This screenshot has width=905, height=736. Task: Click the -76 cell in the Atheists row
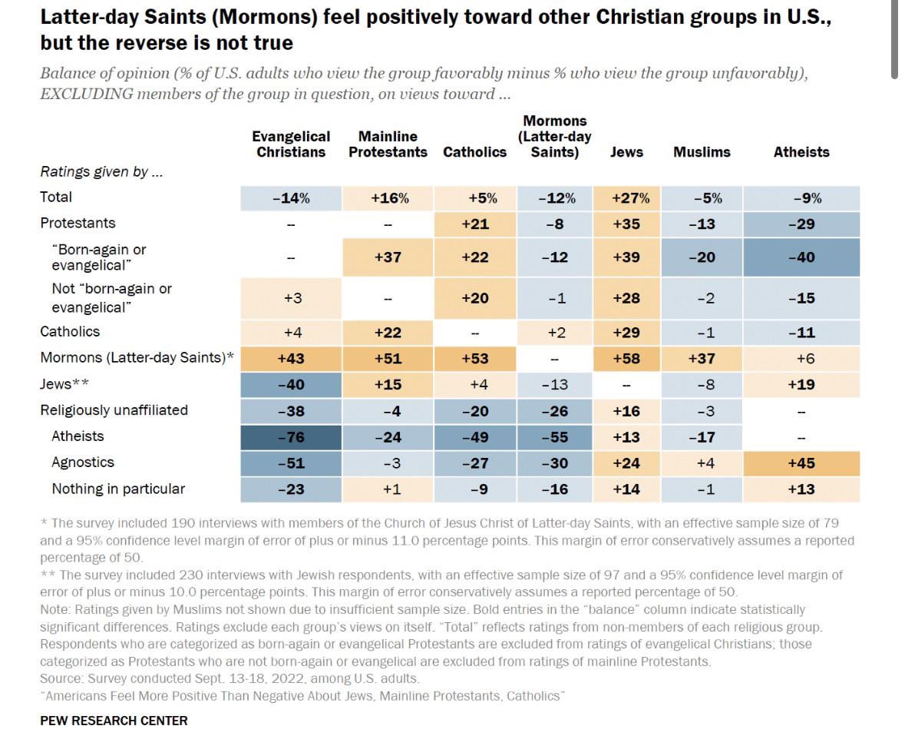coord(291,436)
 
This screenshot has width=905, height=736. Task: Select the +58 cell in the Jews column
coord(626,359)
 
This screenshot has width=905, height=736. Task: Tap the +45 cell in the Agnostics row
coord(801,463)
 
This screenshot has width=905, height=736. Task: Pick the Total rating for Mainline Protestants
coord(389,198)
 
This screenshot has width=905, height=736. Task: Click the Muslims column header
coord(702,152)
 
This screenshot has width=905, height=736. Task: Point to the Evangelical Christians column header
coord(291,144)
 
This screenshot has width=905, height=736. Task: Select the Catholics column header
coord(474,152)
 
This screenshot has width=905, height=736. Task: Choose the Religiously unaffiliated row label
coord(114,410)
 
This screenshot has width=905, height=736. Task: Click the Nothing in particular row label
coord(118,489)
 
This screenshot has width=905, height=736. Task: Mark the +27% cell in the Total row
coord(630,198)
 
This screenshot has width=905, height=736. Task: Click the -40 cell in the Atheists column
coord(801,257)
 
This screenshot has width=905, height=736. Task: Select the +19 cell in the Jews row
coord(801,385)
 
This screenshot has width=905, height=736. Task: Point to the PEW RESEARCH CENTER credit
coord(114,721)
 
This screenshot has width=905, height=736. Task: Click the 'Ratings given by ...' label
coord(101,172)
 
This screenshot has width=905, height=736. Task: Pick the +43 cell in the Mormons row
coord(291,359)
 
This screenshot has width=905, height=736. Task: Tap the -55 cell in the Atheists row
coord(554,436)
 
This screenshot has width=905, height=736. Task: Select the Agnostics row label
coord(83,462)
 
